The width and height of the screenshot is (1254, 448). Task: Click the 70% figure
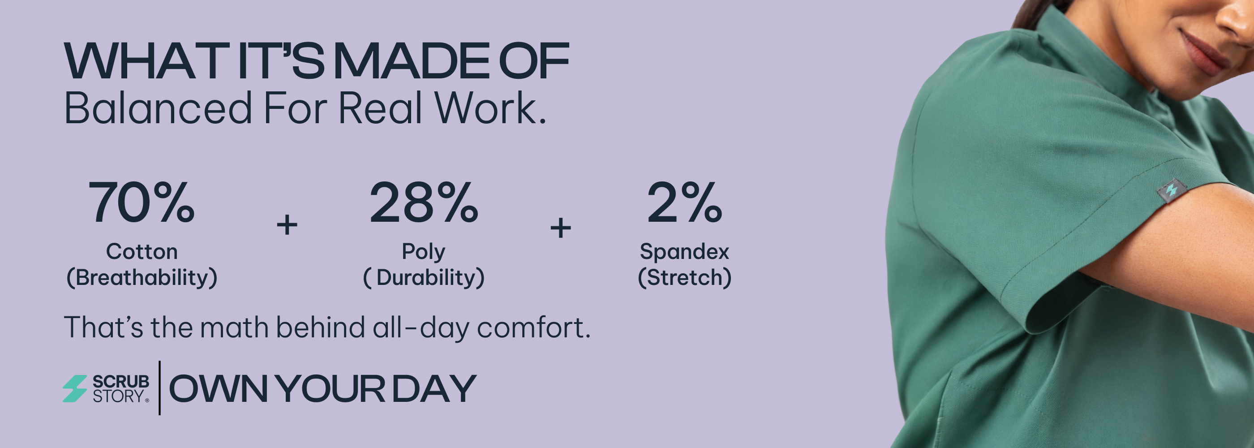141,202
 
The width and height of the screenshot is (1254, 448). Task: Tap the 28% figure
424,202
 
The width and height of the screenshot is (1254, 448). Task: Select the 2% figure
684,202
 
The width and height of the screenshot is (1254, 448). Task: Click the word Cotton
142,252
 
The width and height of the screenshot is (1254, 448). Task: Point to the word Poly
423,252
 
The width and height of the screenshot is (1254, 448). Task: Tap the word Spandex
684,252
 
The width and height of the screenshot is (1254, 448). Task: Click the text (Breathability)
142,278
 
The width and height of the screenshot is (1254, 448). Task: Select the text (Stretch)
684,278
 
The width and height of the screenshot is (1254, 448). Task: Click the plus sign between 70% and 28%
287,225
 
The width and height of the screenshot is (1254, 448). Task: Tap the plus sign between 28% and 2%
560,228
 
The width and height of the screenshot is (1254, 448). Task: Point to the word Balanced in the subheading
158,108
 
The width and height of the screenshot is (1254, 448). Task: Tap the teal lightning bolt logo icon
75,388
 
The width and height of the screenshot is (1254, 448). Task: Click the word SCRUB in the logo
121,382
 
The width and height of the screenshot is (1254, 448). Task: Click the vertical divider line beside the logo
160,388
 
